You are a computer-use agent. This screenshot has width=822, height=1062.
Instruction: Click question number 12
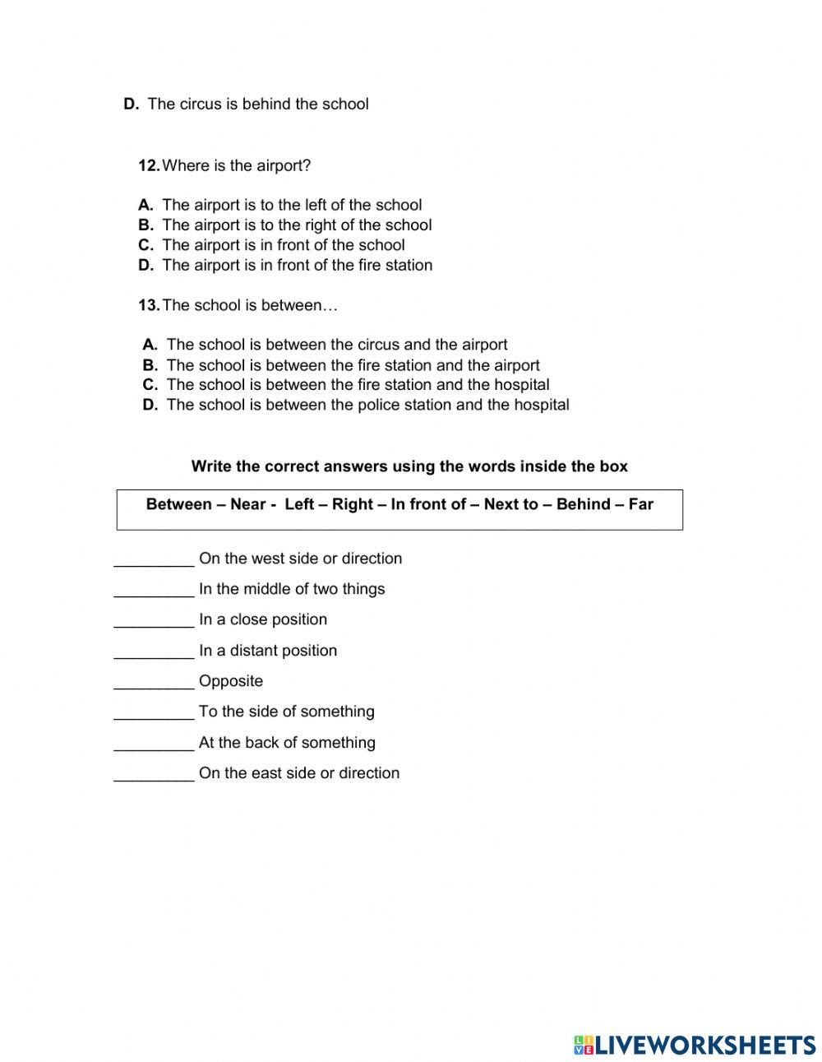click(149, 165)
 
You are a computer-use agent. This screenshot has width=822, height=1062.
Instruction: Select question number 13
click(149, 305)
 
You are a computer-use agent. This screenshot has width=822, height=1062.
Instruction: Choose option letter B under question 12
click(145, 225)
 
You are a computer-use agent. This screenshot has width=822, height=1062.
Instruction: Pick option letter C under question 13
click(150, 384)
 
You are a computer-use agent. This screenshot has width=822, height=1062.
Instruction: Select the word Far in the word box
click(640, 504)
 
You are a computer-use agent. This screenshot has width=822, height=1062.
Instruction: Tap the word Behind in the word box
click(583, 504)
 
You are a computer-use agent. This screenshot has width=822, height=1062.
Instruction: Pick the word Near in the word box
click(247, 504)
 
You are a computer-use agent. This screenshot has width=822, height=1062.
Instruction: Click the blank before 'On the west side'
click(154, 559)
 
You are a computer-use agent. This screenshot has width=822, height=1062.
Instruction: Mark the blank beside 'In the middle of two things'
click(154, 590)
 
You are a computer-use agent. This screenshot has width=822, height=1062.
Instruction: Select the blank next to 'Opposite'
click(154, 682)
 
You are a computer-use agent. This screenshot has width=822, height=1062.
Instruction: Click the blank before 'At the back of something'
click(154, 744)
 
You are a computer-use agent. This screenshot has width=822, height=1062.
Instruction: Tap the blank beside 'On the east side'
click(154, 774)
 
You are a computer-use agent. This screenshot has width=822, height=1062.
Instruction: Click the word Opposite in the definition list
click(231, 681)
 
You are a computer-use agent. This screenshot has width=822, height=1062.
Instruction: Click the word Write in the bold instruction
click(212, 466)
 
